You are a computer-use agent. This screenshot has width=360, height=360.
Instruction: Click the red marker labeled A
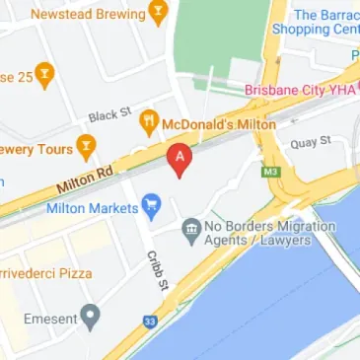tap(180, 160)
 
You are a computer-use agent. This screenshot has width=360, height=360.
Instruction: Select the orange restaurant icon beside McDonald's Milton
tap(150, 122)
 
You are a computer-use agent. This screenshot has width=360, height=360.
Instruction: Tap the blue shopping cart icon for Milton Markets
tap(150, 206)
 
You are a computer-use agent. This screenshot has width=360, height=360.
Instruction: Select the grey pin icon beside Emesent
tap(91, 317)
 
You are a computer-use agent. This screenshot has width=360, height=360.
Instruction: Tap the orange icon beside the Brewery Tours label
tap(87, 148)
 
